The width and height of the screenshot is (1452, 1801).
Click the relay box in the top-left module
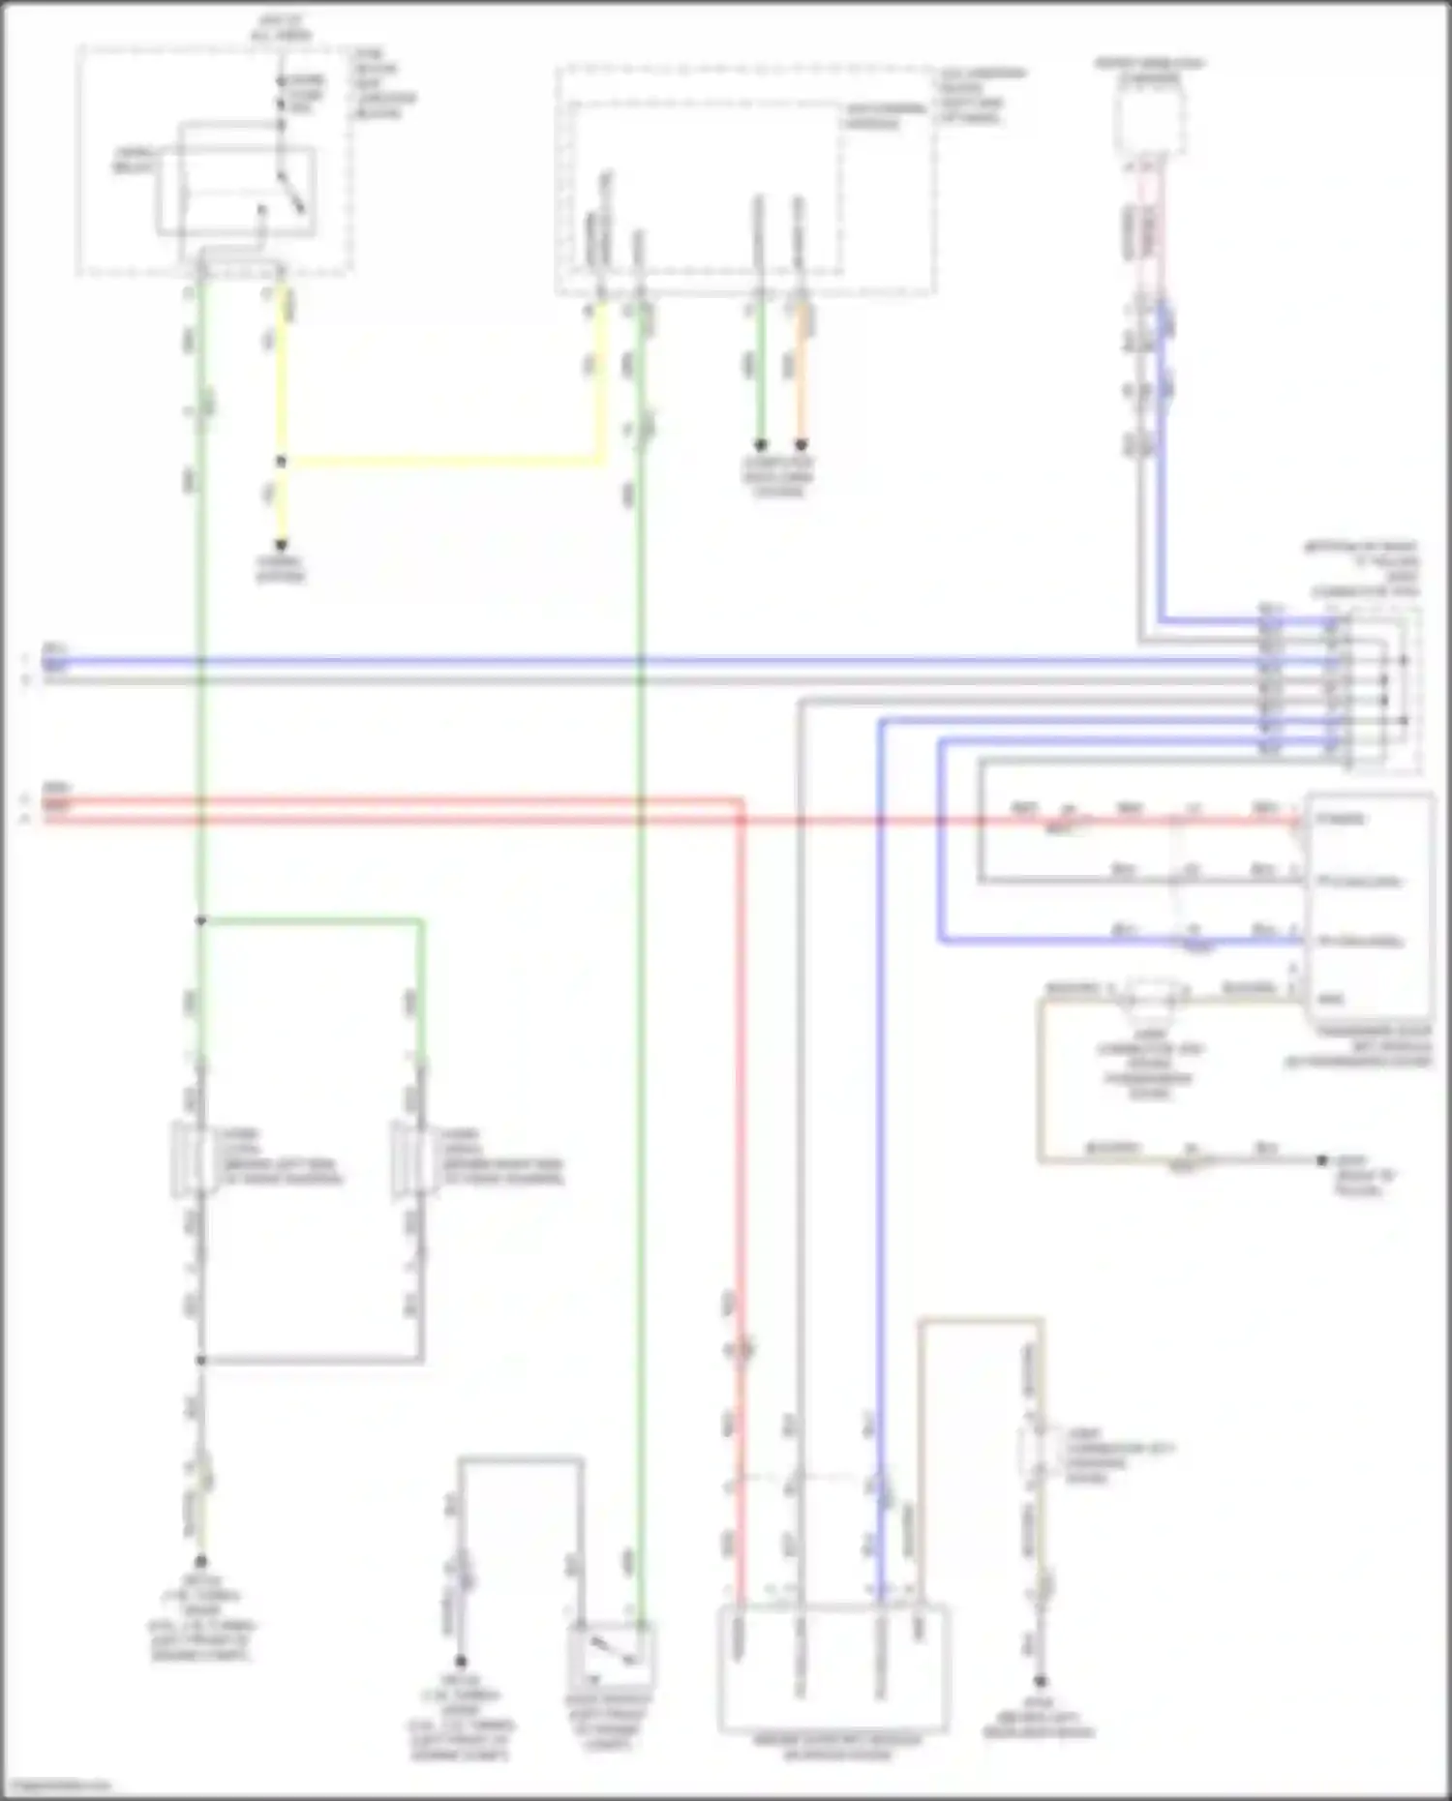point(236,191)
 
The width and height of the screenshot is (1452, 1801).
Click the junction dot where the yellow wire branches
point(282,462)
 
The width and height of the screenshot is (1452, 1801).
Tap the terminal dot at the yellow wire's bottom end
point(282,545)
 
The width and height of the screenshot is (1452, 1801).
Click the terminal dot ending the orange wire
point(801,445)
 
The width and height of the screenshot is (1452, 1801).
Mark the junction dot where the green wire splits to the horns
point(201,920)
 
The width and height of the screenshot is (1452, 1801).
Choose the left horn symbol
point(185,1158)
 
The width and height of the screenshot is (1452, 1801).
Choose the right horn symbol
point(406,1158)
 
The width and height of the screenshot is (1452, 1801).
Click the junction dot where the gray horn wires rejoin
point(201,1360)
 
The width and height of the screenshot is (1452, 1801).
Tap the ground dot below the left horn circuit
point(201,1561)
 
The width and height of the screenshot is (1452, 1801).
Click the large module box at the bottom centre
point(832,1667)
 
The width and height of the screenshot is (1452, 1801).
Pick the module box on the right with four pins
point(1369,910)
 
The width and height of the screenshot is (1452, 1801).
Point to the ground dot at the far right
point(1322,1159)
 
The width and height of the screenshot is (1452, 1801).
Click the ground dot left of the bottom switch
point(461,1661)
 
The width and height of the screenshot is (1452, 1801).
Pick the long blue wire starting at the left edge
point(581,663)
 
